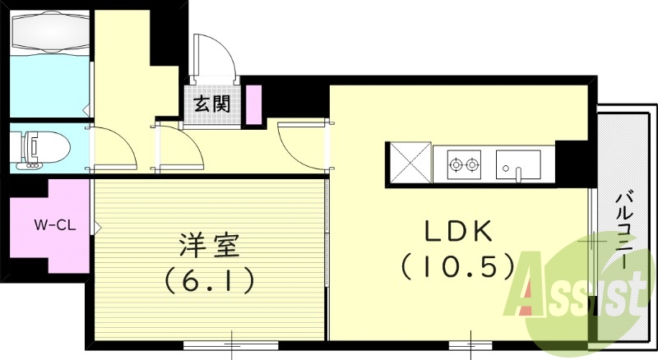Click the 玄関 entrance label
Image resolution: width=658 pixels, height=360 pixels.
pos(211,104)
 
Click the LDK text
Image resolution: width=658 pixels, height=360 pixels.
pos(457,233)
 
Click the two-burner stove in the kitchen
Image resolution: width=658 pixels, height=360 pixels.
pos(463,164)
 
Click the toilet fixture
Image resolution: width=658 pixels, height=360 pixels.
pos(36,148)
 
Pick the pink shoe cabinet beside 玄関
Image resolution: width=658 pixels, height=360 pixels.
pos(253,104)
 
